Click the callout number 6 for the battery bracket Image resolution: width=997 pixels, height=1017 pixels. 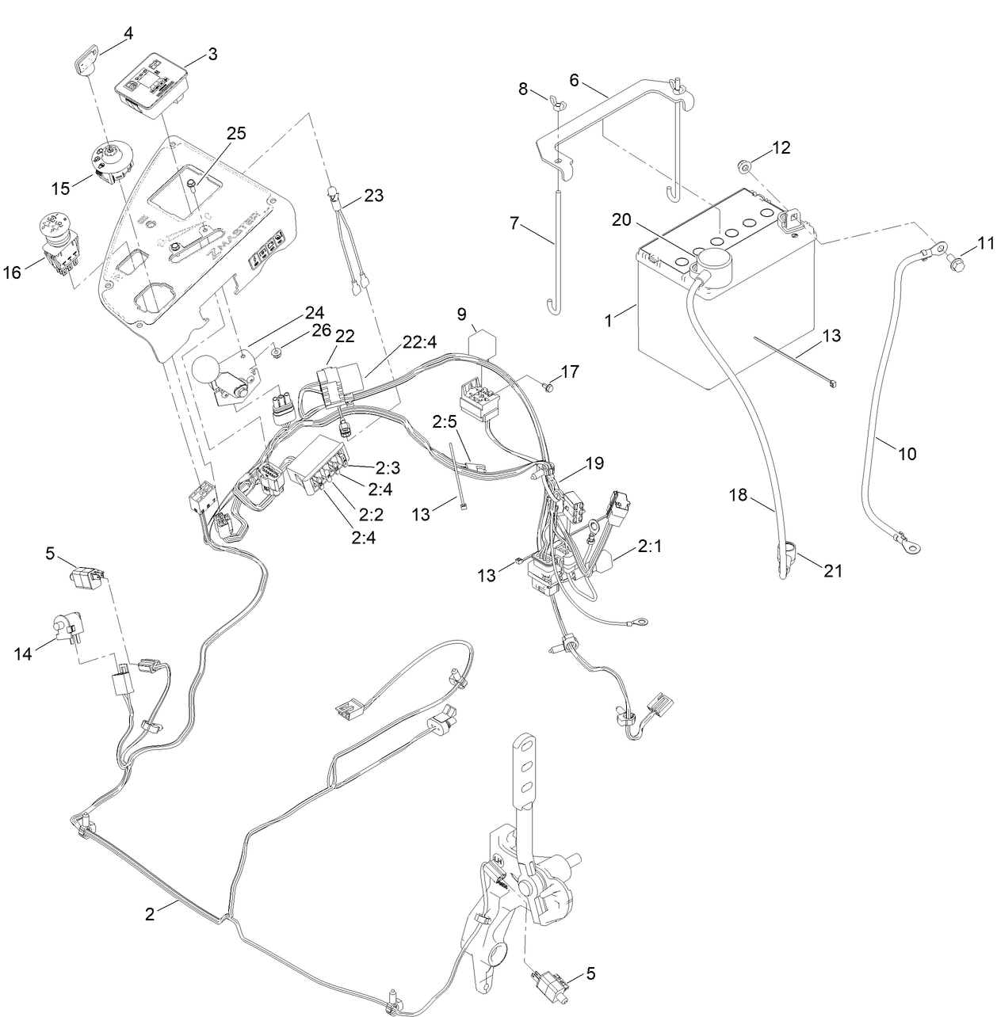[x=575, y=80]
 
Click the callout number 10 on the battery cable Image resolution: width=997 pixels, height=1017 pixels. [x=907, y=454]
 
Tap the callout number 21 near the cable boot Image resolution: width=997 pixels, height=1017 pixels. [x=832, y=570]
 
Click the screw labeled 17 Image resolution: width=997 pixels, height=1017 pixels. [x=548, y=386]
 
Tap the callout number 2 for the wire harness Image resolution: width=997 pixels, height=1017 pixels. [x=150, y=913]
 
